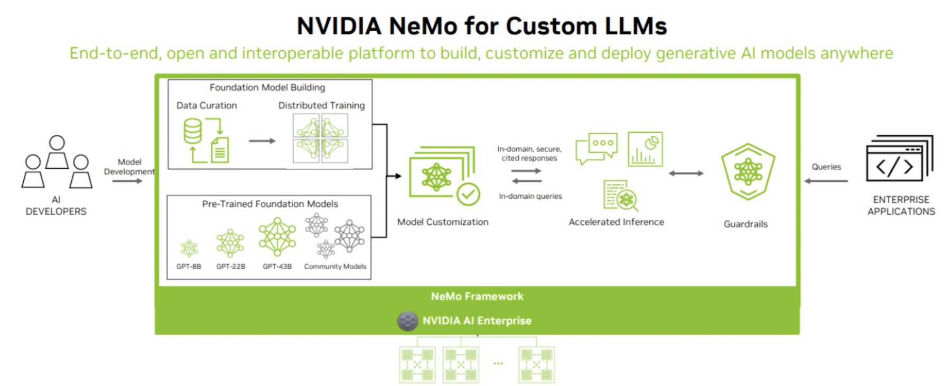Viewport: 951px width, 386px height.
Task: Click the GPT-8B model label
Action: point(189,266)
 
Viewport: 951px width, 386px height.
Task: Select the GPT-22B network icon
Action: point(230,243)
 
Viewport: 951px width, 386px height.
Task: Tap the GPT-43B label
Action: point(277,266)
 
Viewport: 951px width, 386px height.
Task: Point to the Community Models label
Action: point(335,266)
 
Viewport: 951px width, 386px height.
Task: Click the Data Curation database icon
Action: point(193,131)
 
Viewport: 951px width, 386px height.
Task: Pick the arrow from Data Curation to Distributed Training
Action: point(262,141)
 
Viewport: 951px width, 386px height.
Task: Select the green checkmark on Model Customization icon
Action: point(468,195)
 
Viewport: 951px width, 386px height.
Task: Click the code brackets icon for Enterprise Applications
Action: point(894,167)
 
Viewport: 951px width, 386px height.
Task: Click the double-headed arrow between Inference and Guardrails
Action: point(686,173)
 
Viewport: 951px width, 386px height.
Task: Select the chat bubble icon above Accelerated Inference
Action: point(596,148)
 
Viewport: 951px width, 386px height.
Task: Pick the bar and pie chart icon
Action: point(645,150)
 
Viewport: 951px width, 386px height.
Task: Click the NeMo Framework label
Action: point(477,297)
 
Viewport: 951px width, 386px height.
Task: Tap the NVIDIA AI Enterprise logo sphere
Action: point(407,320)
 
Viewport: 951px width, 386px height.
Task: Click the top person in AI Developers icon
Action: point(57,151)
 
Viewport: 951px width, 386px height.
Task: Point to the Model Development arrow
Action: point(127,181)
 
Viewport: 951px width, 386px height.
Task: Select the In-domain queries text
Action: point(530,196)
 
